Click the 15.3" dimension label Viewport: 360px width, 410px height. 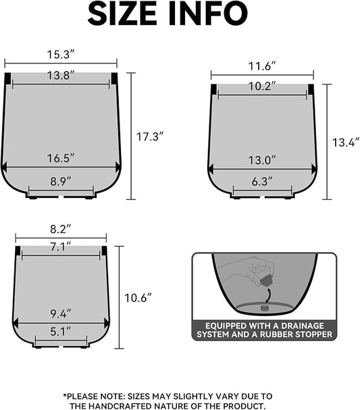tap(61, 53)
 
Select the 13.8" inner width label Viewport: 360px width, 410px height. tap(61, 76)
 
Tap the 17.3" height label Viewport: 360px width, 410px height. tap(150, 136)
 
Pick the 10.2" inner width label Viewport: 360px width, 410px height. tap(262, 86)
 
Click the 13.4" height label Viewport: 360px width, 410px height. tap(346, 143)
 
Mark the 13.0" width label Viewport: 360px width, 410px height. tap(262, 160)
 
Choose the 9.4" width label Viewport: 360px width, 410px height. tap(61, 313)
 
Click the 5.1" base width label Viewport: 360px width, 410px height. tap(61, 332)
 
